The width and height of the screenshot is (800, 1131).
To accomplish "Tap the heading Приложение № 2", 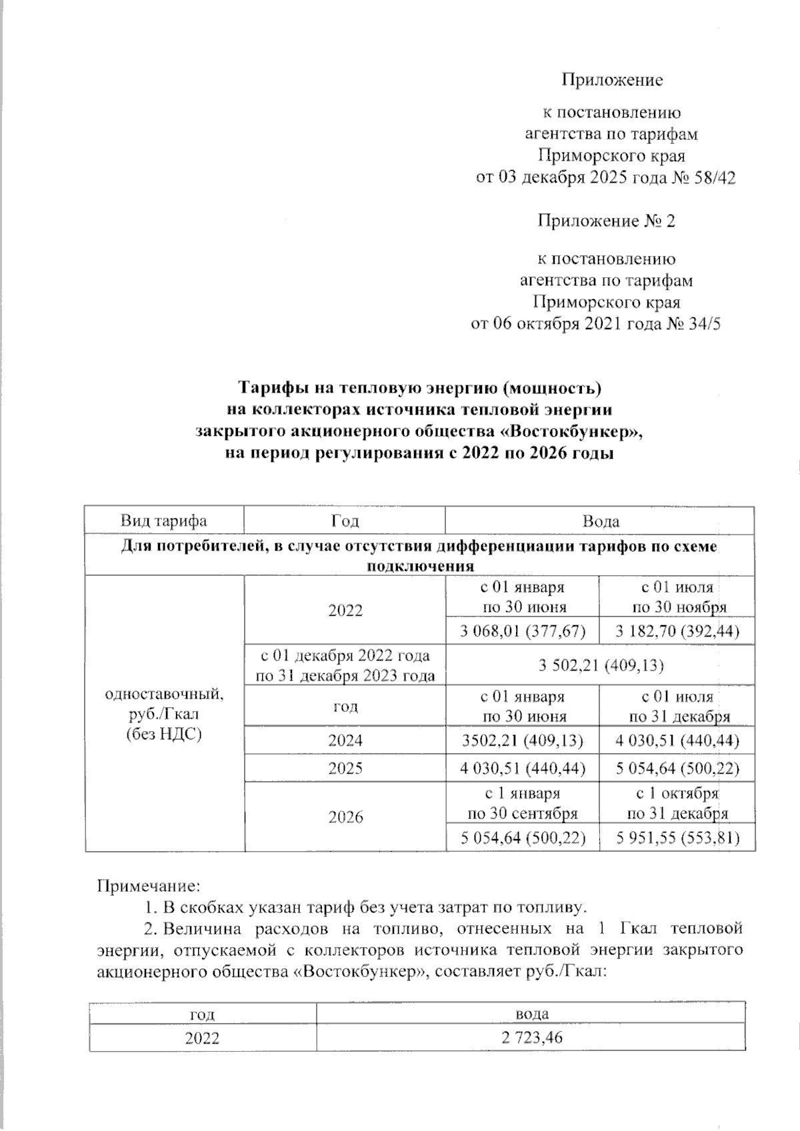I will [x=606, y=221].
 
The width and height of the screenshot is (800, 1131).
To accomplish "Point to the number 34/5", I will [x=703, y=324].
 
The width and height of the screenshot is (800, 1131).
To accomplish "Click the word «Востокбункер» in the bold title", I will [x=569, y=432].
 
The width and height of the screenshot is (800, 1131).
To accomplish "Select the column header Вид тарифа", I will [x=164, y=521].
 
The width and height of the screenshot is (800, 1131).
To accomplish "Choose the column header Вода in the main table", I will [x=600, y=521].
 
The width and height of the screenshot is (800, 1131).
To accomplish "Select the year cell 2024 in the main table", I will [x=345, y=740].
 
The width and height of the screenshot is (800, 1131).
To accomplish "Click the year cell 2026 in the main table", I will [x=345, y=817].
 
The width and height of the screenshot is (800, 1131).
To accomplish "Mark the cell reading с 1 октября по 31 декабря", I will [x=677, y=803].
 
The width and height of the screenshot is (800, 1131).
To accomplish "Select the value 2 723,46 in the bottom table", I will [x=532, y=1038].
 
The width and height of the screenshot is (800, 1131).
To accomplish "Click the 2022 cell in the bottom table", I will [x=203, y=1038].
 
